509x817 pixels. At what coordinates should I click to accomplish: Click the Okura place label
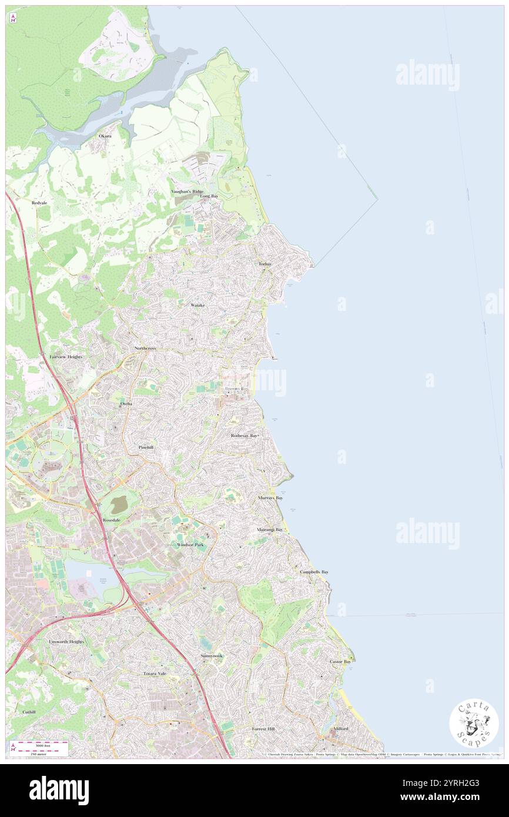tap(105, 136)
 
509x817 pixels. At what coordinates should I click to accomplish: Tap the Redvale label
tap(39, 202)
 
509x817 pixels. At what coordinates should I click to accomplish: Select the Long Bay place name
tap(209, 196)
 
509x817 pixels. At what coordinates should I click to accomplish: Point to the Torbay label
tap(266, 264)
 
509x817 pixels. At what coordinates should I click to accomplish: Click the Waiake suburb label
tap(197, 306)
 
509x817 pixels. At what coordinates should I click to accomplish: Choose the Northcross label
tap(145, 349)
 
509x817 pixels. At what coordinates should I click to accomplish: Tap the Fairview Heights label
tap(66, 357)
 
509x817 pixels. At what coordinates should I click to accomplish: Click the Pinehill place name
tap(146, 447)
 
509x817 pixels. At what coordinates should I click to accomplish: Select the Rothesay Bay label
tap(245, 436)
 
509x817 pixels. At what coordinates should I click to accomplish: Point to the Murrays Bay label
tap(270, 498)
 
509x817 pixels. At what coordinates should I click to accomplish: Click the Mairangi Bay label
tap(270, 530)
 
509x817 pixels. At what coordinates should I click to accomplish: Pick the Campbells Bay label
tap(314, 572)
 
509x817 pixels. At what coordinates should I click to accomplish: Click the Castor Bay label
tap(340, 662)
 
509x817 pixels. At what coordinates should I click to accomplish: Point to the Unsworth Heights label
tap(66, 641)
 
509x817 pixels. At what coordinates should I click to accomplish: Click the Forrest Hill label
tap(264, 729)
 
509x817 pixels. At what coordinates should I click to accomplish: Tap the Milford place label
tap(341, 729)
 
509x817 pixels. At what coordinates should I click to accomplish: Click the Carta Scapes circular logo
tap(474, 723)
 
